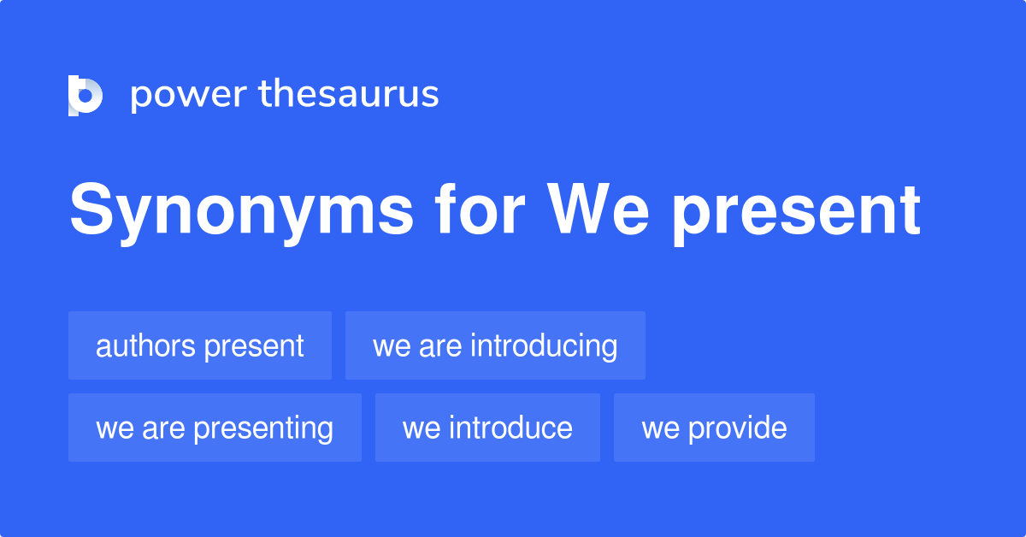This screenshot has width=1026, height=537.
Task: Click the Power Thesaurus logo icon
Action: [85, 95]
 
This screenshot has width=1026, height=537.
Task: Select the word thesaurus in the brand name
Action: [349, 94]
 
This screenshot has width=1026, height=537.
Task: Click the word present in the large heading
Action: [795, 211]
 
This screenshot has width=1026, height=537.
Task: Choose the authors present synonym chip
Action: [199, 345]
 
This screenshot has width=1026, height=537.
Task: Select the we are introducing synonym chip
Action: [495, 345]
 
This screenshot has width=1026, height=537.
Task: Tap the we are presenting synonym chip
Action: [215, 428]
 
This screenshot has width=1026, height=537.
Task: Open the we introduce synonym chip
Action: [487, 428]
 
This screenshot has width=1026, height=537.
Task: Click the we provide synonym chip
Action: [714, 428]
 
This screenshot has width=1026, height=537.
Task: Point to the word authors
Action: [144, 346]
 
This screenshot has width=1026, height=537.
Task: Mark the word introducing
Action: [544, 346]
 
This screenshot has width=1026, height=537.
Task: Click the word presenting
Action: [262, 428]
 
